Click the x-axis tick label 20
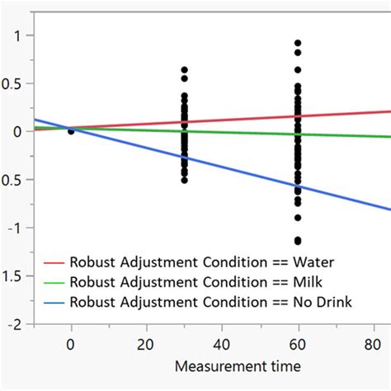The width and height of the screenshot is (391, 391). pyautogui.click(x=147, y=342)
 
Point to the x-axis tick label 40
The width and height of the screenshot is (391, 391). pyautogui.click(x=222, y=342)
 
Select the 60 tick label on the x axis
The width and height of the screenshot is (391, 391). pyautogui.click(x=297, y=342)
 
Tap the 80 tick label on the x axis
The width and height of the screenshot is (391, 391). pyautogui.click(x=372, y=342)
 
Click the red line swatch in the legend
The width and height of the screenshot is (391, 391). pyautogui.click(x=55, y=264)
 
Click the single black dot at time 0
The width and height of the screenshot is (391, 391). pyautogui.click(x=71, y=130)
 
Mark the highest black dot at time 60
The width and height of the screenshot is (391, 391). pyautogui.click(x=297, y=43)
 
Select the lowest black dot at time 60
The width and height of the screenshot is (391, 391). pyautogui.click(x=297, y=241)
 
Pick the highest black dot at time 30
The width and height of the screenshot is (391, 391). pyautogui.click(x=185, y=70)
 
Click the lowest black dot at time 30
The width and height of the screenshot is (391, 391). pyautogui.click(x=185, y=179)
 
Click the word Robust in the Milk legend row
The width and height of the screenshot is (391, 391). pyautogui.click(x=97, y=283)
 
